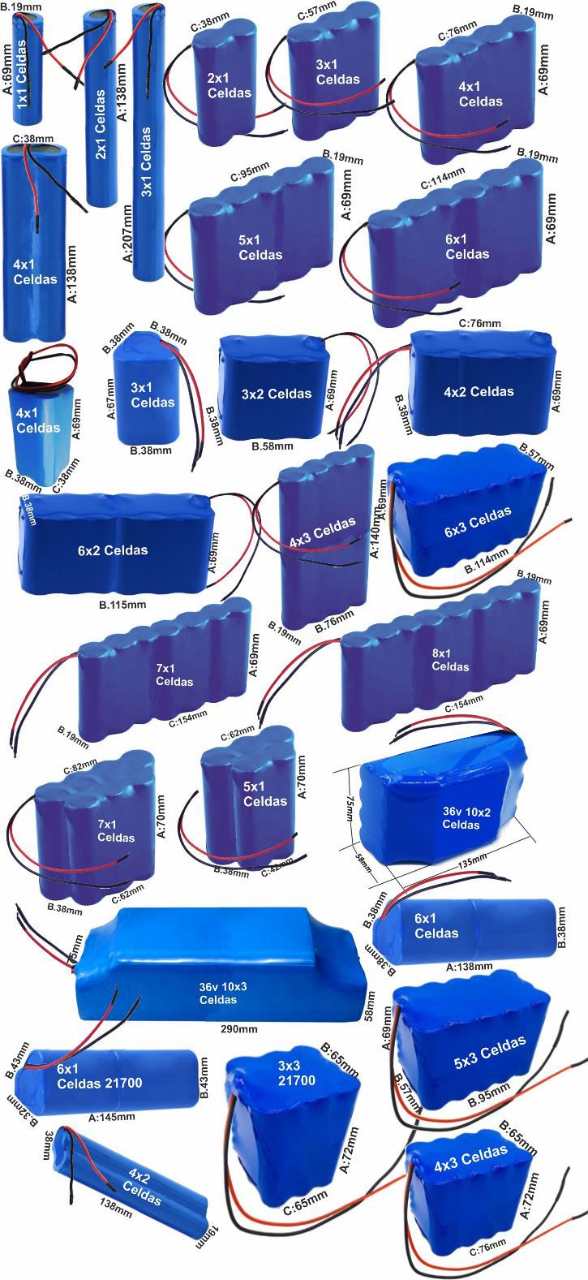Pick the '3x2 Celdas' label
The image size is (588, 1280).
click(x=277, y=394)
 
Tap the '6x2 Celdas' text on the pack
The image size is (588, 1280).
click(x=113, y=550)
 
